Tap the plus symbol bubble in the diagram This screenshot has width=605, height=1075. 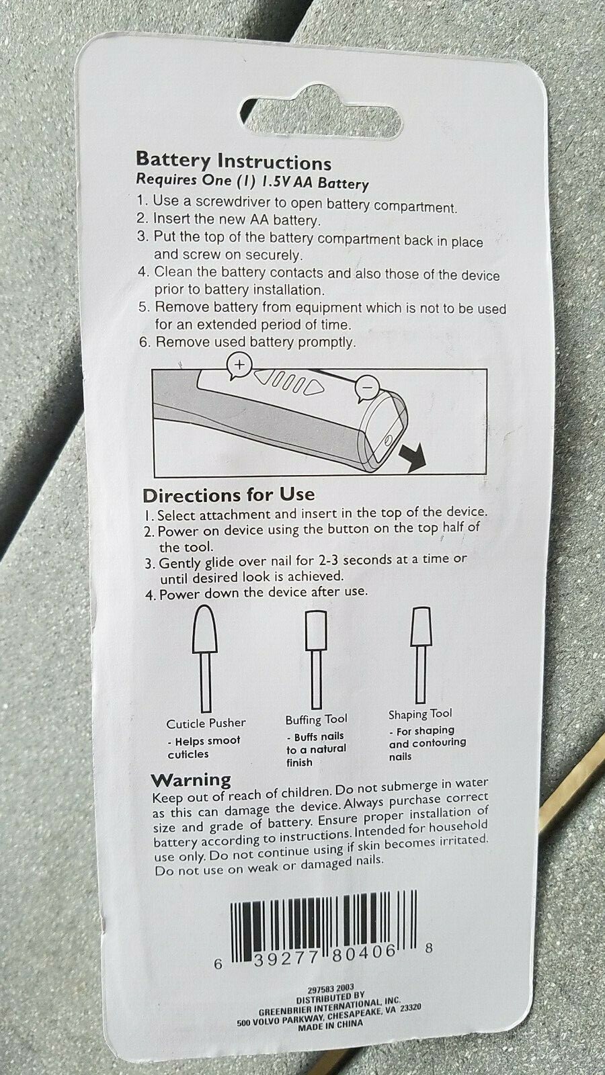pyautogui.click(x=239, y=365)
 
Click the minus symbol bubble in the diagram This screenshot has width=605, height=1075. pyautogui.click(x=367, y=387)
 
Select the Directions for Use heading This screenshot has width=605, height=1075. pyautogui.click(x=229, y=494)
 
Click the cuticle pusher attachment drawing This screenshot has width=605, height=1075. pyautogui.click(x=205, y=658)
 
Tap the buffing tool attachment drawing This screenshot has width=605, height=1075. pyautogui.click(x=316, y=659)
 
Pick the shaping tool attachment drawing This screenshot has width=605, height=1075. pyautogui.click(x=421, y=654)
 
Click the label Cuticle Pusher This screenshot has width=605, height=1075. pyautogui.click(x=206, y=723)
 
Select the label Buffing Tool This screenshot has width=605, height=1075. pyautogui.click(x=316, y=720)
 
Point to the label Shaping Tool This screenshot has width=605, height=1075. pyautogui.click(x=420, y=714)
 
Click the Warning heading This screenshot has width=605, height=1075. pyautogui.click(x=191, y=780)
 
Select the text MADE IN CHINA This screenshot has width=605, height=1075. pyautogui.click(x=330, y=1025)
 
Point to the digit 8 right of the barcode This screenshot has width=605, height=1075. pyautogui.click(x=429, y=947)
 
